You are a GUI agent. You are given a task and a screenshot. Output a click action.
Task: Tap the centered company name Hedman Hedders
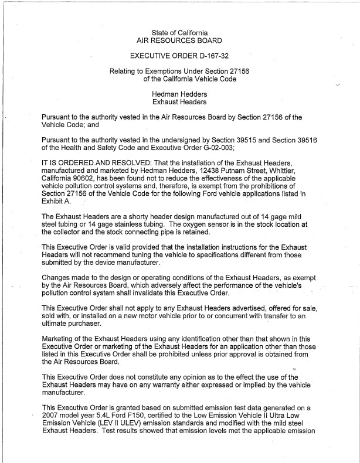(179, 94)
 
